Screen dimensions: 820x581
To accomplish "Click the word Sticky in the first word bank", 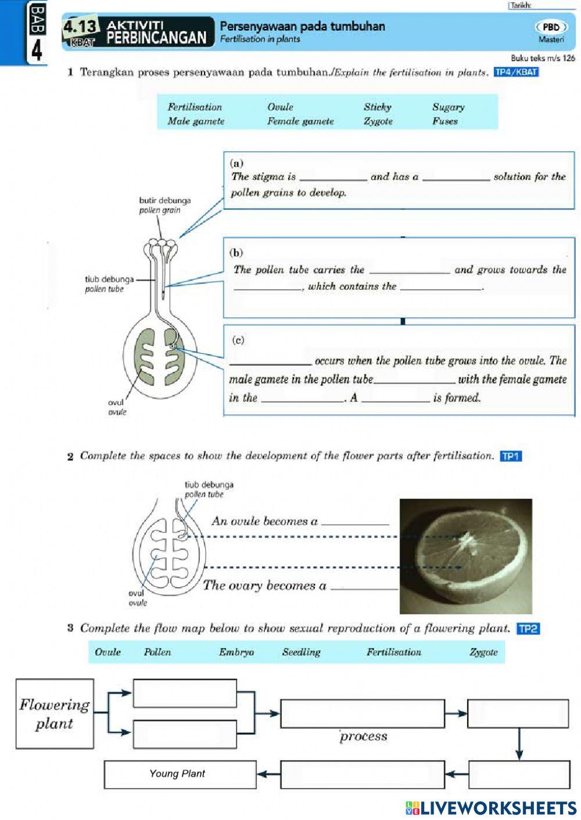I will [378, 107].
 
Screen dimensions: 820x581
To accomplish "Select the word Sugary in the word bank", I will [448, 107].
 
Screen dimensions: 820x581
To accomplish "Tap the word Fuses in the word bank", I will [444, 121].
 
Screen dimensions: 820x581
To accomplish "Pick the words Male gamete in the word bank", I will [196, 121].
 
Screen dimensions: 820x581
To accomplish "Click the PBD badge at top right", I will [551, 27].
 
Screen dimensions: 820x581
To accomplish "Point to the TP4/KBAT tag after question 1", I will [516, 73].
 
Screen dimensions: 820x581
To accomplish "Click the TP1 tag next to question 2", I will [511, 456].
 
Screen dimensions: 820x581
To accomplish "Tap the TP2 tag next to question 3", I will [528, 628].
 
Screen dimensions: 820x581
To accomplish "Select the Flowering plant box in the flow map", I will [55, 714].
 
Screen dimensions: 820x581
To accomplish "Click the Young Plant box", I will [180, 774].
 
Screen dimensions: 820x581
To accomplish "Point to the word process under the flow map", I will [364, 736].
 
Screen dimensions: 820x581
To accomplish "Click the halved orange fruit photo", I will [465, 556].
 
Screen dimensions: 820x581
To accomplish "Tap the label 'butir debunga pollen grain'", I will [164, 205].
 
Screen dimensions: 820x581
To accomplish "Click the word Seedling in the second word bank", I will [301, 652].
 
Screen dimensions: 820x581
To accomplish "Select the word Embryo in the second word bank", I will [236, 652].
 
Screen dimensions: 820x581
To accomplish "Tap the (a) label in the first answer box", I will [237, 163].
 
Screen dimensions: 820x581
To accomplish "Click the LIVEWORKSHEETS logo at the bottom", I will [491, 808].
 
